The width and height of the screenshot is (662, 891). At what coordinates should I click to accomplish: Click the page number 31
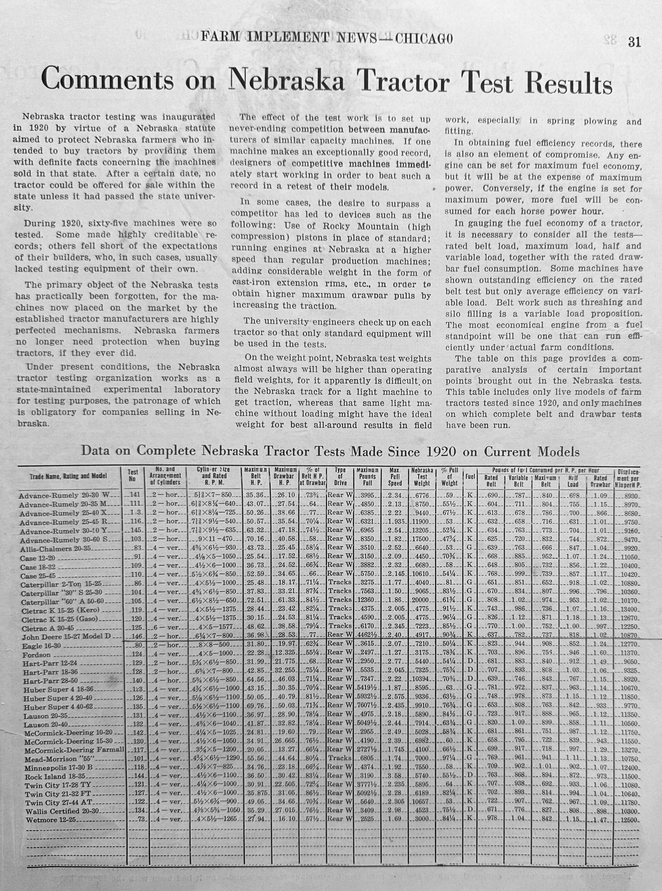[634, 42]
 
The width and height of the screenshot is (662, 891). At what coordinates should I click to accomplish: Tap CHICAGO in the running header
[424, 38]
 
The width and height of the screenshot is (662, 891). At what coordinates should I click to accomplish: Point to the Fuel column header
[470, 477]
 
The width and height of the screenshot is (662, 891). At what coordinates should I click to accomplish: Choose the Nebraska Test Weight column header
[422, 477]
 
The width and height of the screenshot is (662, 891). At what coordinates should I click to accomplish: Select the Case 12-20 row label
[38, 558]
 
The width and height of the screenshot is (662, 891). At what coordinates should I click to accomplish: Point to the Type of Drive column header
[340, 476]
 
